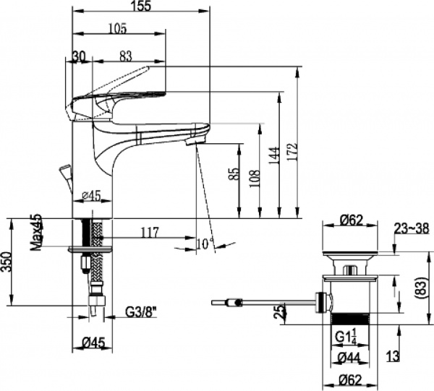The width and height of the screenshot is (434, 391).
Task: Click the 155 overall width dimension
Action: tap(142, 6)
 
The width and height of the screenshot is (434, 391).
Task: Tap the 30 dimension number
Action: tap(79, 56)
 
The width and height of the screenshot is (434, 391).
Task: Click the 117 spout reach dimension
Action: tap(150, 233)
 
